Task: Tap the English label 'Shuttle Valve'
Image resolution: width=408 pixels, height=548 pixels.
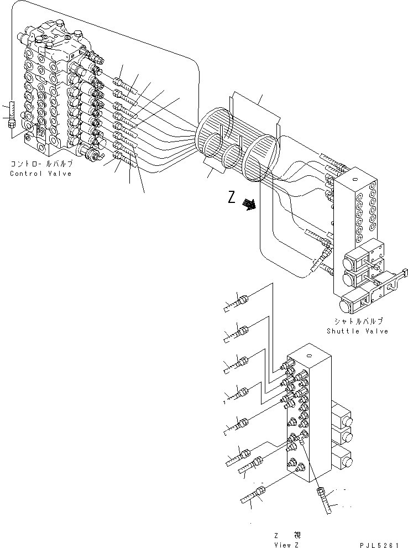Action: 357,331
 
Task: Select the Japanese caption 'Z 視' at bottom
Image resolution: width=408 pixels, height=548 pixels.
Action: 287,535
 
